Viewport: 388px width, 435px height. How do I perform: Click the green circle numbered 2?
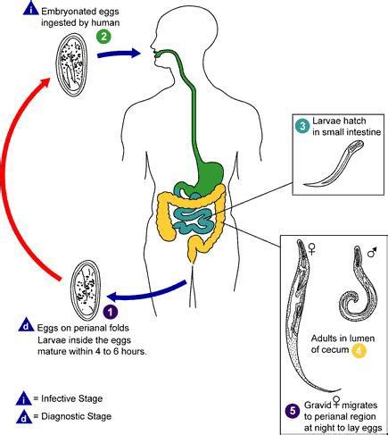point(103,37)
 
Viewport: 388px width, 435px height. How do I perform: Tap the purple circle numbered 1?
point(111,312)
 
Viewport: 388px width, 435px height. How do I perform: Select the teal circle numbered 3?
point(302,126)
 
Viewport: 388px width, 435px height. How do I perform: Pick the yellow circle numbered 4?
point(359,350)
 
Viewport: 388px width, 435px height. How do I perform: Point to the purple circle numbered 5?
point(293,411)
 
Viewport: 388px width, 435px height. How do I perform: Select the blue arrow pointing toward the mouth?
point(119,54)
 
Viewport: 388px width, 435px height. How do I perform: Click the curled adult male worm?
point(357,286)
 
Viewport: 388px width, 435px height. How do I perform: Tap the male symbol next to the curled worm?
point(372,252)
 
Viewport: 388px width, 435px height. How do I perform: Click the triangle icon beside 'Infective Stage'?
point(24,398)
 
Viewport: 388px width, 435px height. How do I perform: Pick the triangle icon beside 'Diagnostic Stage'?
point(24,416)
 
